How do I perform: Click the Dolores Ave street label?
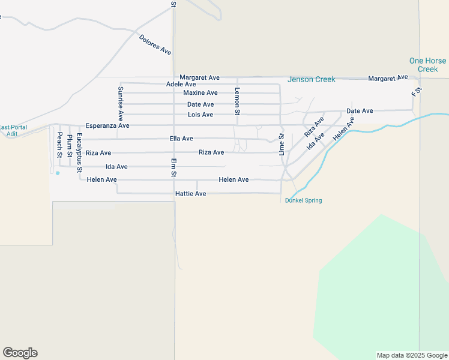pos(155,45)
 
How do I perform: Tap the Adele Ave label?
pos(181,85)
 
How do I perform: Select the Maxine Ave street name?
pos(200,93)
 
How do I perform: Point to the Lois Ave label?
pos(200,115)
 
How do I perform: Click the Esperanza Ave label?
pos(107,126)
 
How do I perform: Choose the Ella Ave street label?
pos(181,139)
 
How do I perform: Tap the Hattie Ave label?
pos(190,194)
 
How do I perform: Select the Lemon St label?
pos(237,101)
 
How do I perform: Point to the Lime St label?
pos(281,145)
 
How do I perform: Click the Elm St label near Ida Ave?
pos(173,167)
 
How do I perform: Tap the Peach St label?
pos(59,146)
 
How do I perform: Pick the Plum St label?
pos(70,146)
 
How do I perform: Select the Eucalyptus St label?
pos(79,153)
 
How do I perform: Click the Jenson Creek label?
pos(311,79)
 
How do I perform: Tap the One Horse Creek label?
pos(427,65)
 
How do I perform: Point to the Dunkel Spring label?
pos(303,200)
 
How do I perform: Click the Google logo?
pos(20,353)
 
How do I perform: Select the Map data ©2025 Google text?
pos(412,355)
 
